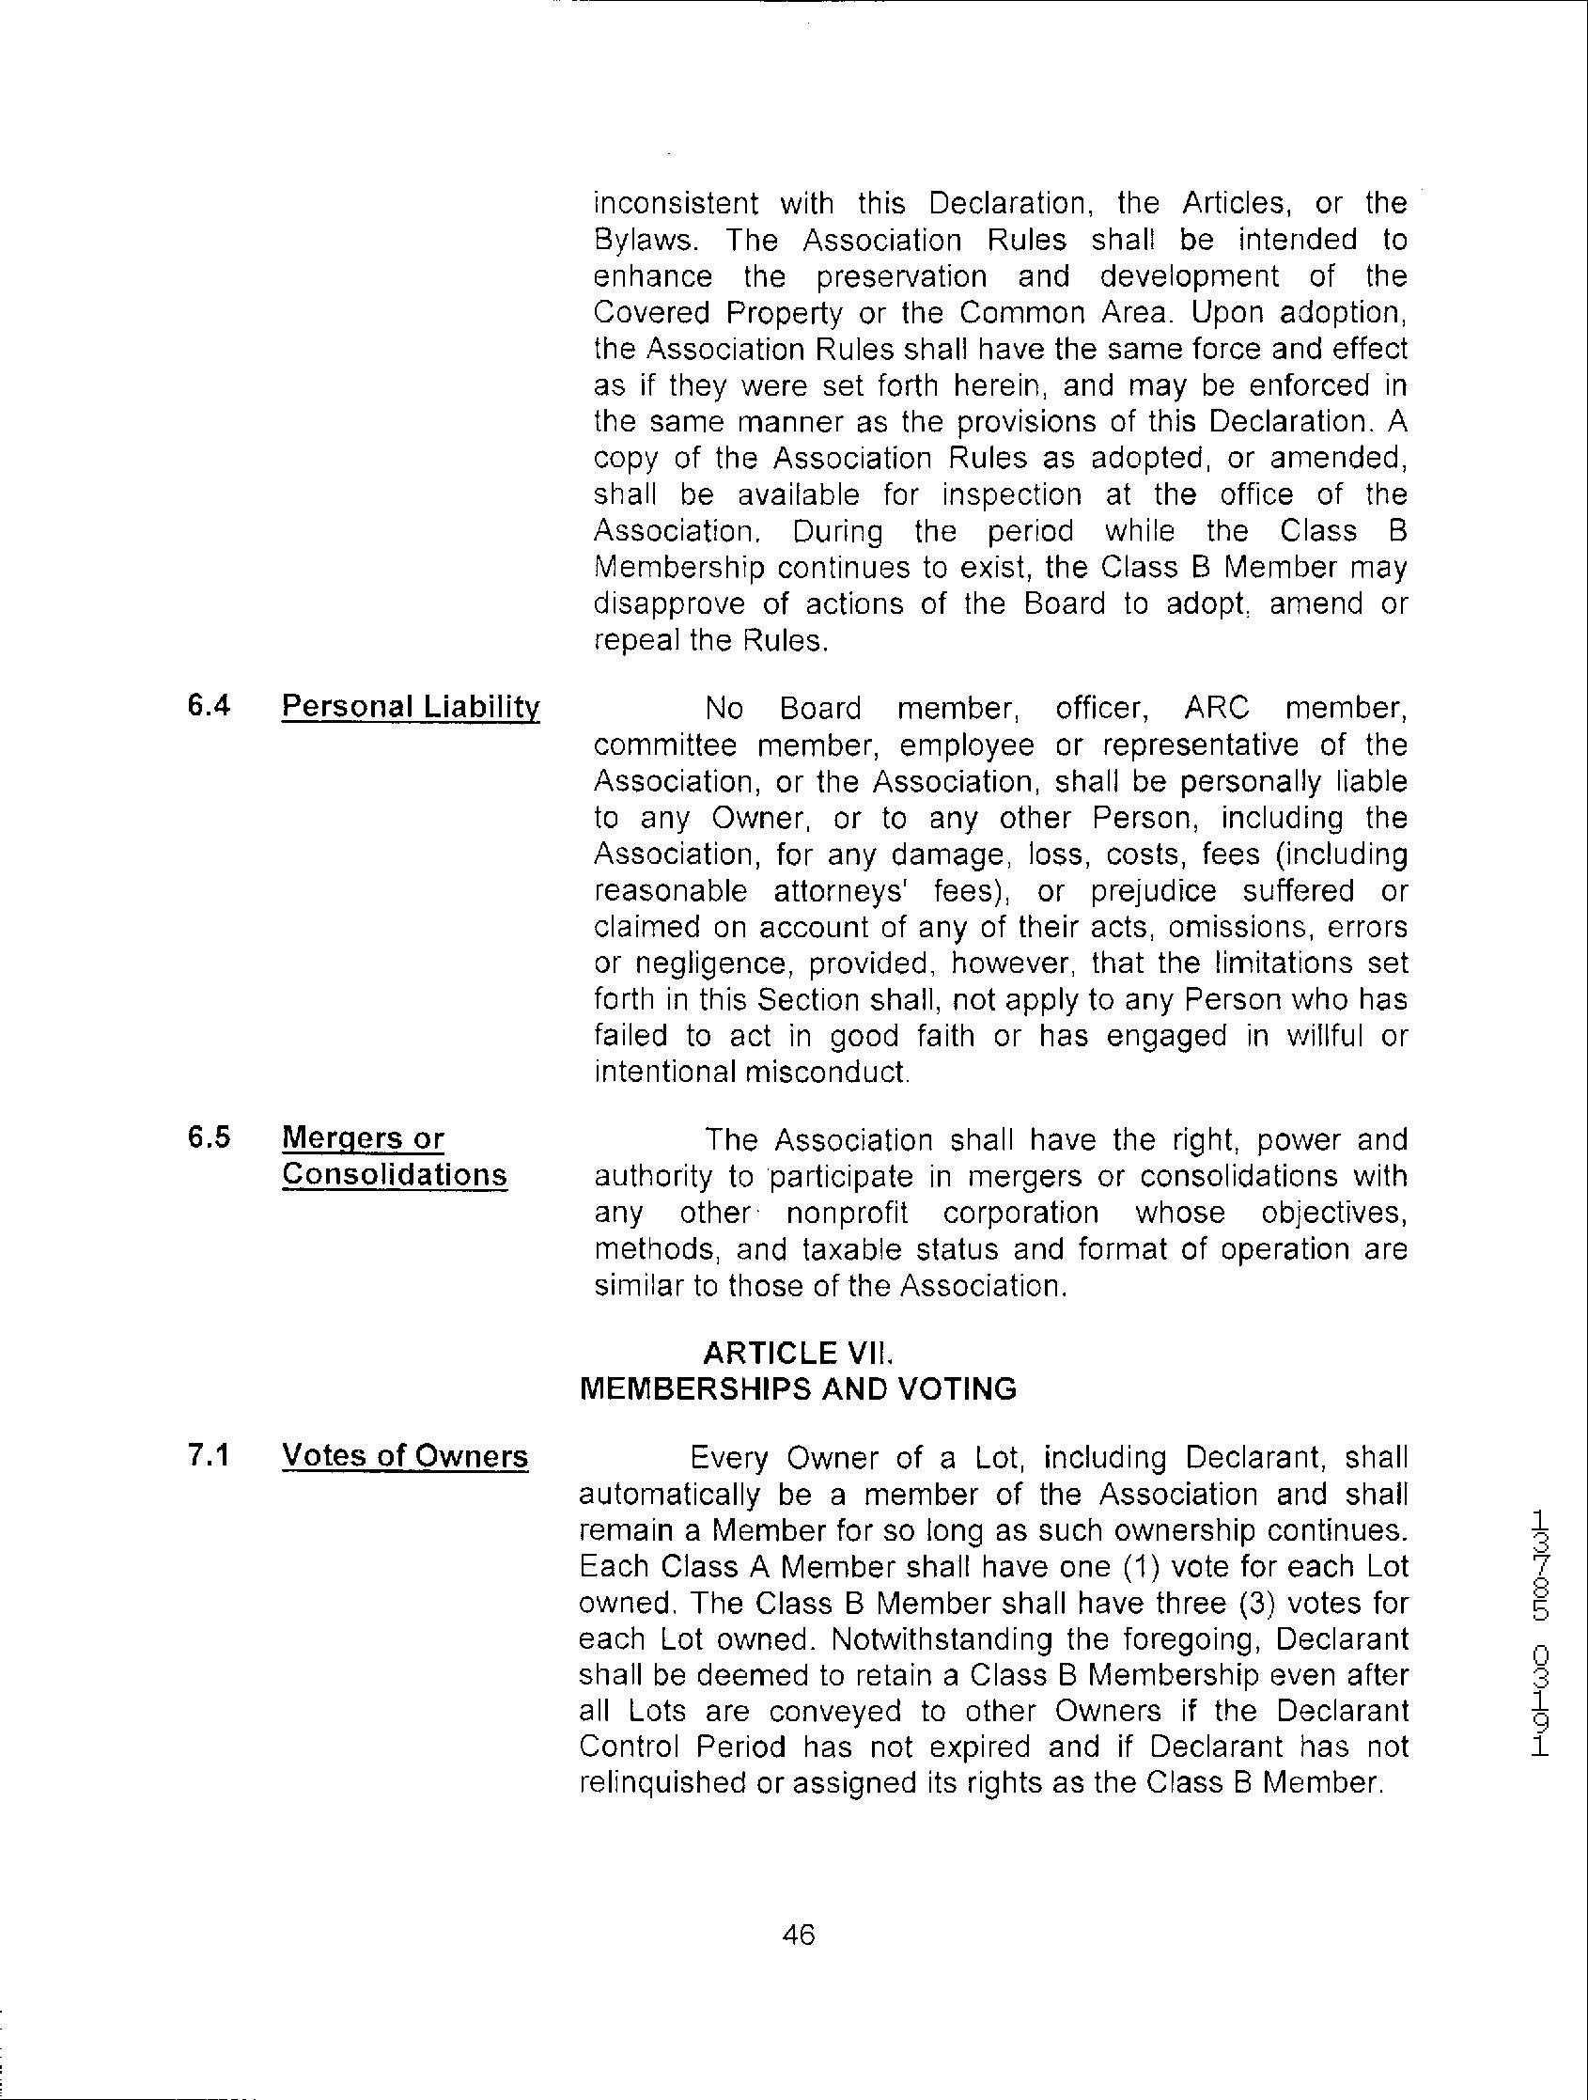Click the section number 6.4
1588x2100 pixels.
point(209,706)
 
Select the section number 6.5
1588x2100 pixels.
point(209,1137)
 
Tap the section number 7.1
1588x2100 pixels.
point(209,1455)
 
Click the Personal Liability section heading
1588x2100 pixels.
point(410,707)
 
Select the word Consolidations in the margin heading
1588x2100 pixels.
point(394,1174)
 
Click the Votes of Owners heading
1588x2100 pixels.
point(404,1456)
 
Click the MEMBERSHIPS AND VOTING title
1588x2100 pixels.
point(798,1389)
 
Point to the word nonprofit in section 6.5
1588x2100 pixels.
point(847,1213)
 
